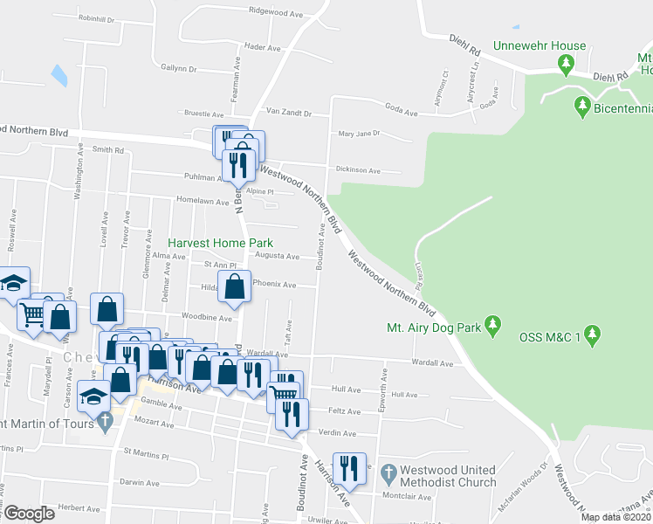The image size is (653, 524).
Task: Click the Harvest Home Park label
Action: (221, 243)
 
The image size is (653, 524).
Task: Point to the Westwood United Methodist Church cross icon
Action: (388, 474)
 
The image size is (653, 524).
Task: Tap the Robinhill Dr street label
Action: (97, 17)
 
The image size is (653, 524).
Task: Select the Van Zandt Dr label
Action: (288, 112)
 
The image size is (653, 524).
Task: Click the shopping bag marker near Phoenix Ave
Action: (235, 287)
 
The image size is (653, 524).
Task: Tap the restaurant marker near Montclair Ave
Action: (349, 467)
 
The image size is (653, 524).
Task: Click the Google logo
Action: (29, 514)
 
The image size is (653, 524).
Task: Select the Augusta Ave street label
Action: (276, 257)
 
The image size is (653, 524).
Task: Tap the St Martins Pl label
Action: (146, 456)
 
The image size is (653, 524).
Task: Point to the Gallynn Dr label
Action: (180, 67)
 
